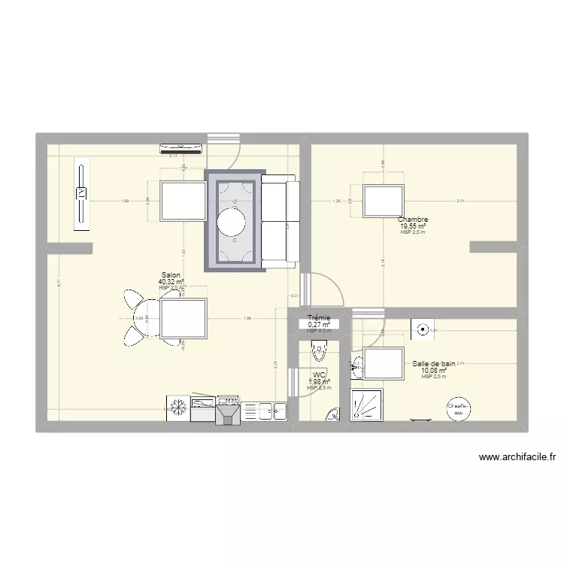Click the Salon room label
click(x=171, y=275)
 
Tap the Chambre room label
click(x=413, y=220)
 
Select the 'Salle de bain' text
click(x=434, y=364)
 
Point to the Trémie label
click(x=319, y=318)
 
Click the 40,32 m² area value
click(x=171, y=282)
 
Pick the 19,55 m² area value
click(x=413, y=226)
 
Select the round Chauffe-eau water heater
click(x=458, y=409)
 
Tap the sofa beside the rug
click(x=280, y=221)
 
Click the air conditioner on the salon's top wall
click(x=180, y=147)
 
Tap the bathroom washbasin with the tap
click(x=357, y=367)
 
